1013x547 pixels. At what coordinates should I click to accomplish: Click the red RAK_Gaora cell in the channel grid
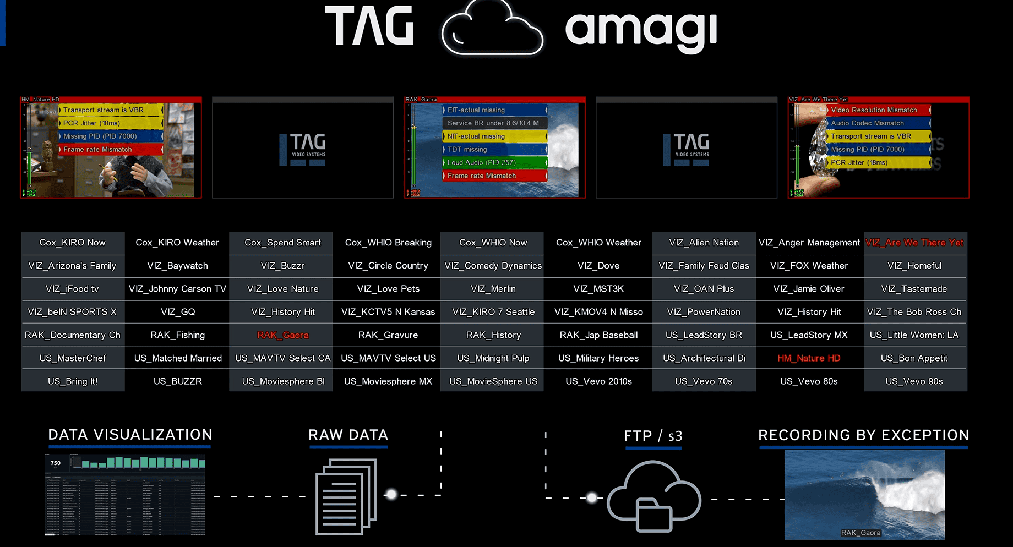282,335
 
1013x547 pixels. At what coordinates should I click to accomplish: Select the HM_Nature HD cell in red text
809,358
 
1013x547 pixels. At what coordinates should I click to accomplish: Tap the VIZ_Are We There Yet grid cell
914,242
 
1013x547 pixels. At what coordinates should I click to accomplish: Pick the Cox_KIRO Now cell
72,242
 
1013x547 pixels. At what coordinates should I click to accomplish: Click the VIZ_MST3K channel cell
598,288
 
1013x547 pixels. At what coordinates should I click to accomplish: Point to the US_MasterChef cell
72,358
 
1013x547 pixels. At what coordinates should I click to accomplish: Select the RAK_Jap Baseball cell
598,335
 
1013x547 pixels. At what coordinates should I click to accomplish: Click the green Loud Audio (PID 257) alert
494,162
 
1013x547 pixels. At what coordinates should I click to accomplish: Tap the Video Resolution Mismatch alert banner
878,110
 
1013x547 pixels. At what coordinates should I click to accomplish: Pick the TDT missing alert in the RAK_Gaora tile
494,149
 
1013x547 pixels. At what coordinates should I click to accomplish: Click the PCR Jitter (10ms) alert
110,123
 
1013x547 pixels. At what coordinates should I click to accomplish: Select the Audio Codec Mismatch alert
878,123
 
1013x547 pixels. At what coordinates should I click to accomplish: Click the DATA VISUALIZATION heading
130,435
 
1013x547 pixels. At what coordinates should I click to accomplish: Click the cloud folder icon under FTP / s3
653,497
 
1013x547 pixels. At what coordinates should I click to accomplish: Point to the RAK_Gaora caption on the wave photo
860,532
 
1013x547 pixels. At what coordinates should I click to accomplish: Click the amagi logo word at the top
641,29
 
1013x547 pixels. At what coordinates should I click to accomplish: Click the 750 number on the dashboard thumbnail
56,463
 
